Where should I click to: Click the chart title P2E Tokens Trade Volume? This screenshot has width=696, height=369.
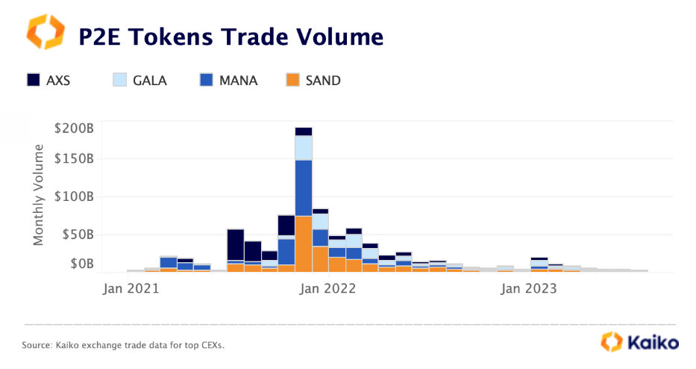(231, 36)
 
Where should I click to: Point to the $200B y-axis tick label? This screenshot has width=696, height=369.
(74, 128)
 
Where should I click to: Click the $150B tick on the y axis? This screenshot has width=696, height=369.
(74, 158)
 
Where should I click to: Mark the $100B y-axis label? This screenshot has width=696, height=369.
(74, 196)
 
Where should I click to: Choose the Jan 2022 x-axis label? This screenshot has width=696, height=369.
(327, 288)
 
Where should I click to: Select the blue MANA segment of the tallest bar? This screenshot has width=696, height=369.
(303, 187)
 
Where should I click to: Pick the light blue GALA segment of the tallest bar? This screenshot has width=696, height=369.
(303, 147)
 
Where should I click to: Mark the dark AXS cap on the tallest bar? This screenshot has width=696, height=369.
(303, 131)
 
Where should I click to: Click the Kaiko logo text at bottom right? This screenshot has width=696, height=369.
(652, 343)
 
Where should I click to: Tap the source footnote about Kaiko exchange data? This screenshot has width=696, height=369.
(123, 345)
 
